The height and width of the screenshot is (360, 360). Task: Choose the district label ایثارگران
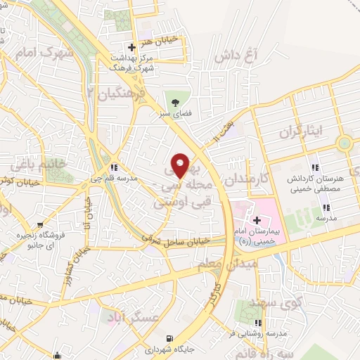click(x=304, y=131)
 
